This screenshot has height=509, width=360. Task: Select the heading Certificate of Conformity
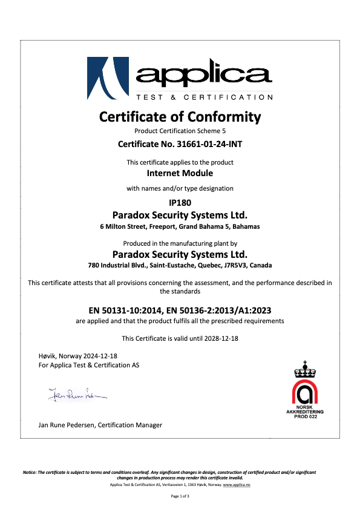click(180, 116)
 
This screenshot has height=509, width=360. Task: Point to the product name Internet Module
click(180, 174)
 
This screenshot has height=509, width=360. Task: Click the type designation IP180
click(180, 203)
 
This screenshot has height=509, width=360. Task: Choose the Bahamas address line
click(180, 227)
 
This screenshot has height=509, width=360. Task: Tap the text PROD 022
click(306, 417)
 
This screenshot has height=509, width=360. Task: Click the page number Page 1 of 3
click(180, 496)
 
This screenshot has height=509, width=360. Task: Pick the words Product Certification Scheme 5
click(180, 131)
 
